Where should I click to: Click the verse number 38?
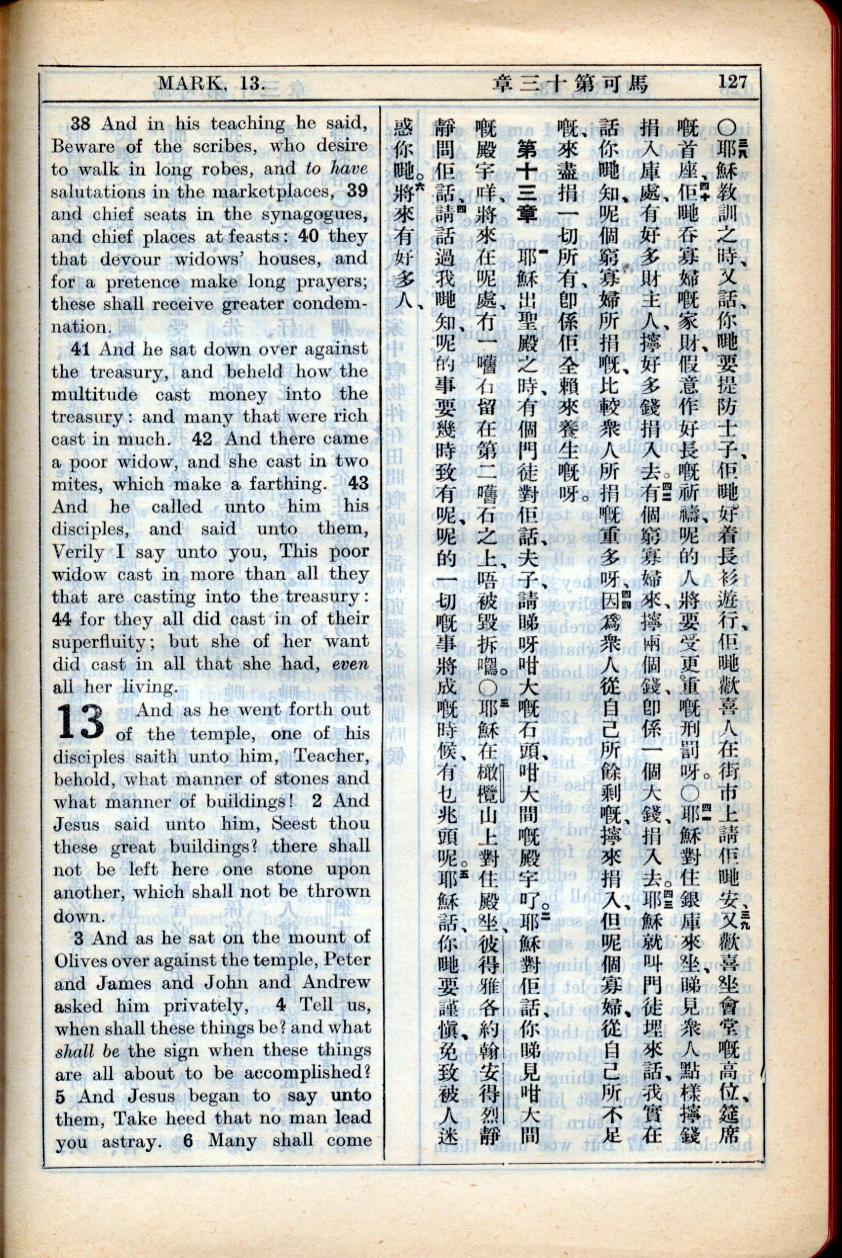coord(81,124)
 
